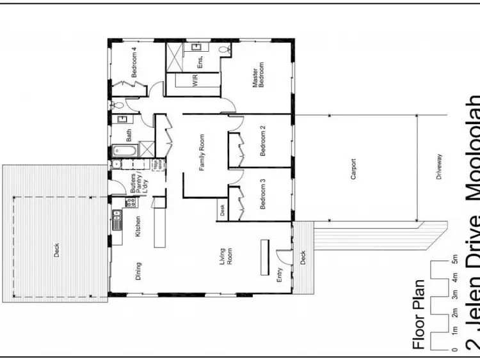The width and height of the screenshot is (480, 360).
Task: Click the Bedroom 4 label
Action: pos(134,63)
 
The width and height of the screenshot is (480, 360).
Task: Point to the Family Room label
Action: pos(202,153)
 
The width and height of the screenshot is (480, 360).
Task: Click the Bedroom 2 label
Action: pos(263,141)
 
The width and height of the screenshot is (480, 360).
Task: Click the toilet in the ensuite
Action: pos(224,49)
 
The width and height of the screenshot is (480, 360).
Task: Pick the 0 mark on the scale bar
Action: pos(455,350)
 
